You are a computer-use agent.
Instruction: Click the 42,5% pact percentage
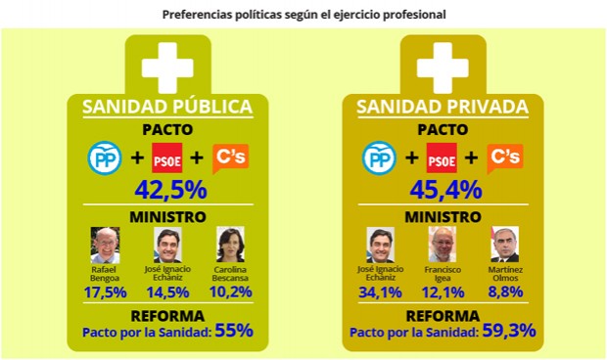[x=167, y=189]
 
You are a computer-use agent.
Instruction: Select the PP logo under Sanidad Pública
[x=104, y=157]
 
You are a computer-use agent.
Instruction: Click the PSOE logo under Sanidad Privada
[x=443, y=157]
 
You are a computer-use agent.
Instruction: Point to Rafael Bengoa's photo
[x=106, y=245]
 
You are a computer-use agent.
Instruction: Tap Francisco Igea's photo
[x=443, y=245]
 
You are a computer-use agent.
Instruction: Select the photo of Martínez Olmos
[x=504, y=245]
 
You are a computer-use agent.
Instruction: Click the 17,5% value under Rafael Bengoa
[x=106, y=291]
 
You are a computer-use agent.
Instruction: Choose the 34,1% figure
[x=380, y=291]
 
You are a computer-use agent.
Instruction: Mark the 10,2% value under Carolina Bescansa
[x=230, y=291]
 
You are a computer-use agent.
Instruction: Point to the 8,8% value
[x=505, y=291]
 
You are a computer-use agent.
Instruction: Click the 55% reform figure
[x=234, y=331]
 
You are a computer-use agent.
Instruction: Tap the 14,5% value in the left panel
[x=167, y=291]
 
